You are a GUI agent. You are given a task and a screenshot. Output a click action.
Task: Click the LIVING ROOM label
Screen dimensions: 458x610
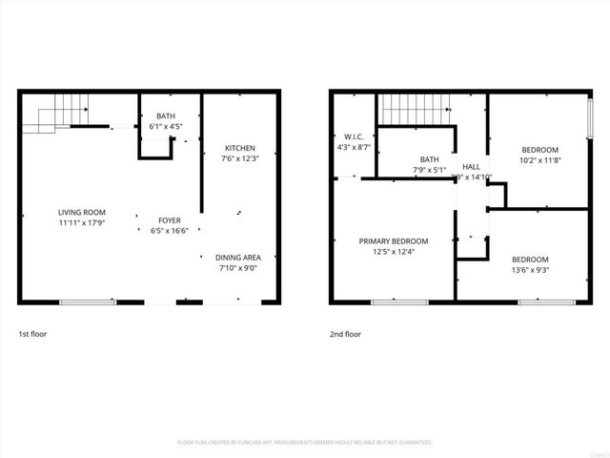pyautogui.click(x=82, y=212)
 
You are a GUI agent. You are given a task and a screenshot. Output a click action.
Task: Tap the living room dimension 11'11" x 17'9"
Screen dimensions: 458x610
pyautogui.click(x=82, y=221)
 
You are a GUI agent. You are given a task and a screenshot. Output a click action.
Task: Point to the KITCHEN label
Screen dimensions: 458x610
pyautogui.click(x=239, y=148)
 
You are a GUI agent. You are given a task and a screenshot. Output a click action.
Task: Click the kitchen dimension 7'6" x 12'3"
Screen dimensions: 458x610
pyautogui.click(x=239, y=158)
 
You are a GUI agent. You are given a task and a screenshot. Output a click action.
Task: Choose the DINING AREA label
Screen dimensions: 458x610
pyautogui.click(x=238, y=258)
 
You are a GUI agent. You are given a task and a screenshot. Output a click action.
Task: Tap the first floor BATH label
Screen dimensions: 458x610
pyautogui.click(x=166, y=117)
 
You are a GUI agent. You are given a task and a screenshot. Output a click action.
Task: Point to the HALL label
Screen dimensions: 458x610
pyautogui.click(x=472, y=167)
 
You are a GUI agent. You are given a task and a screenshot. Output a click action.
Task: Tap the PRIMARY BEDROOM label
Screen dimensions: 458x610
pyautogui.click(x=393, y=241)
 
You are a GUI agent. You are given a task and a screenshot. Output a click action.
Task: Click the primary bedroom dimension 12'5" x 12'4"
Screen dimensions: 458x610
pyautogui.click(x=393, y=251)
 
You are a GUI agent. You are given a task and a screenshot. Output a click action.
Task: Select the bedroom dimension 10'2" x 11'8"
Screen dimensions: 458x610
pyautogui.click(x=540, y=160)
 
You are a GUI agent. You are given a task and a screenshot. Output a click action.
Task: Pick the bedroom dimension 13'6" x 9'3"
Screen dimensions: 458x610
pyautogui.click(x=530, y=270)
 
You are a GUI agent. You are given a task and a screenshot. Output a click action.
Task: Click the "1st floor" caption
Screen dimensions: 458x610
pyautogui.click(x=32, y=335)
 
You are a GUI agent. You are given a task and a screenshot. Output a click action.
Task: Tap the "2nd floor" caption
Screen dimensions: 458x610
pyautogui.click(x=345, y=335)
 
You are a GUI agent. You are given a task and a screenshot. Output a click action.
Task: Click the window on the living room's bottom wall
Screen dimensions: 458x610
pyautogui.click(x=89, y=302)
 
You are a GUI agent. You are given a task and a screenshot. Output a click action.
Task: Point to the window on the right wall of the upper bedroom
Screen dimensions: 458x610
pyautogui.click(x=590, y=120)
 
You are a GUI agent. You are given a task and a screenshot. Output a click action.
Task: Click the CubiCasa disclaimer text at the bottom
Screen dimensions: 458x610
pyautogui.click(x=305, y=442)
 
